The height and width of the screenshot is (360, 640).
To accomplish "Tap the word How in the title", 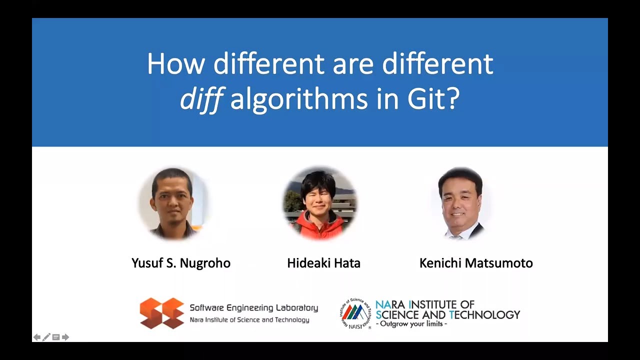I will [176, 64].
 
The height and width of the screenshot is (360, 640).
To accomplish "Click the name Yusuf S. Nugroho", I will [181, 263].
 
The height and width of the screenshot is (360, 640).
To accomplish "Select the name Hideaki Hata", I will [323, 263].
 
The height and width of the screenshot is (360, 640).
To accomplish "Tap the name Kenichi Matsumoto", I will [476, 263].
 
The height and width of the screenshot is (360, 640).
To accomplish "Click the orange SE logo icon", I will [161, 313].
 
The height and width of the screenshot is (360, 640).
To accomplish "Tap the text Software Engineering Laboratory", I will [253, 308].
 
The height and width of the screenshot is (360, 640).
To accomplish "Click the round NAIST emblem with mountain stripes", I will [355, 314].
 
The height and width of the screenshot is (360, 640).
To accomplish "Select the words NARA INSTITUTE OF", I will [425, 304].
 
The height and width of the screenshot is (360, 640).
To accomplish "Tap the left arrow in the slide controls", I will [37, 337].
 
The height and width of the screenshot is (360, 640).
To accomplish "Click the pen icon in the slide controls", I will [46, 337].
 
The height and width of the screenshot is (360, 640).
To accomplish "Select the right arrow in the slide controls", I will [65, 337].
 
